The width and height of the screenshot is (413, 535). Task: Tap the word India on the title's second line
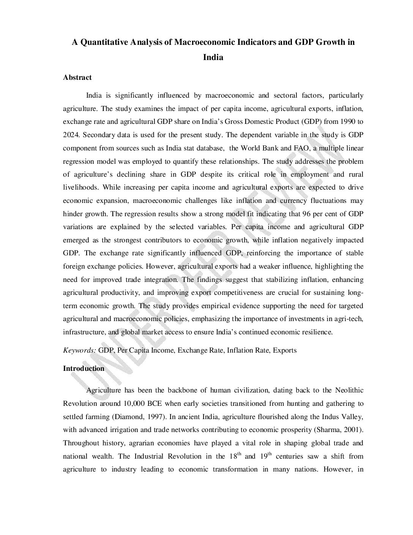[213, 58]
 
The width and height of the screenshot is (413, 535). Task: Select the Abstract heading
[77, 78]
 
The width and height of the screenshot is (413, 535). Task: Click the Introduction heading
[84, 369]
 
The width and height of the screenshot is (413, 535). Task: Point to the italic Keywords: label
[79, 350]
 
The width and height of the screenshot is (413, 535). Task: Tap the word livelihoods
[81, 187]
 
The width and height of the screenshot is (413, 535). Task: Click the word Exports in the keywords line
[285, 350]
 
